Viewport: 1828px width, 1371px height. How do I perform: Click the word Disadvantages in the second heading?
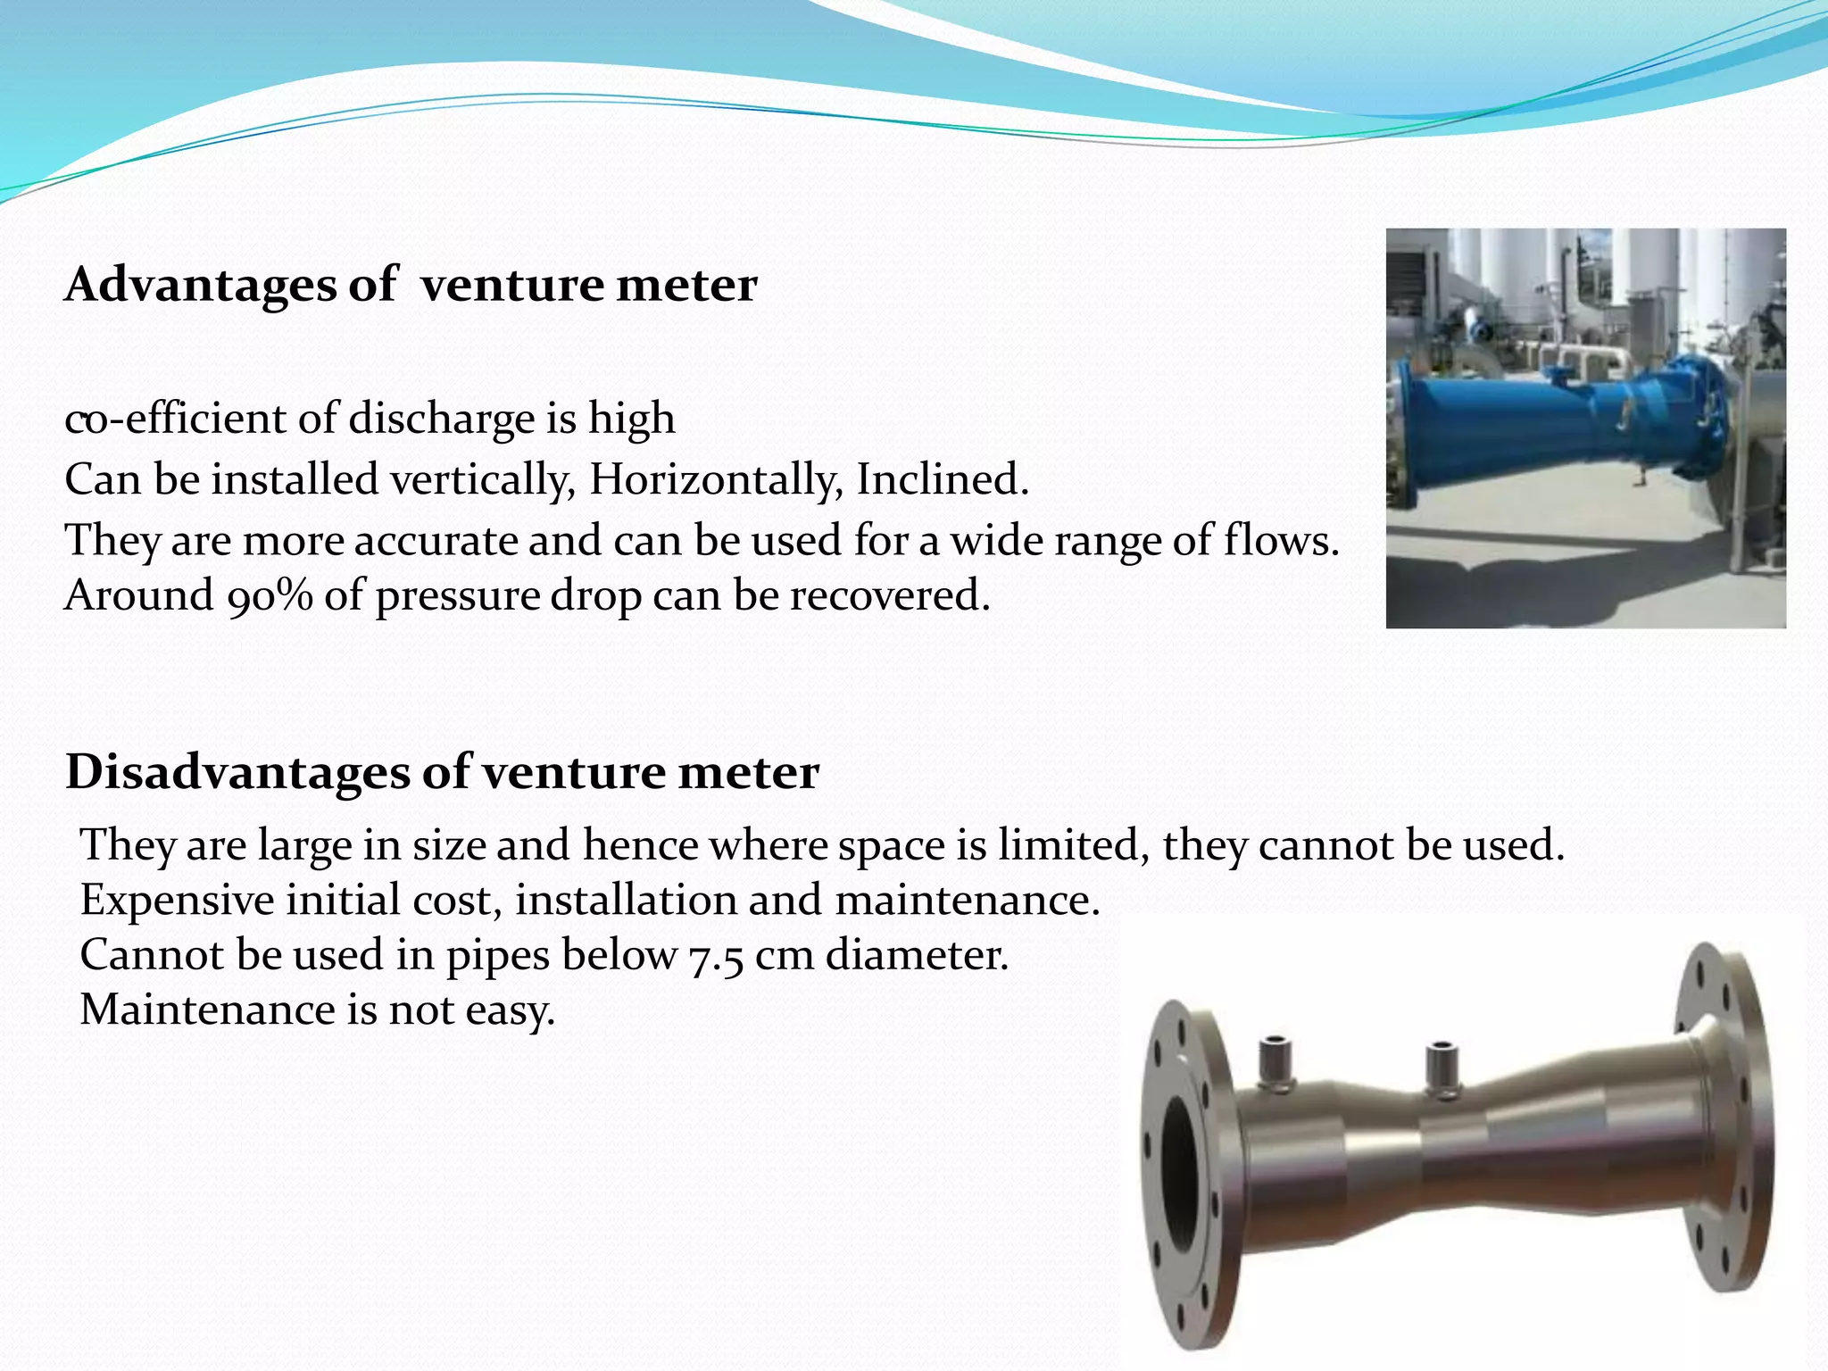pyautogui.click(x=236, y=773)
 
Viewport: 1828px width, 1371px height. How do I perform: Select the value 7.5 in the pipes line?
pyautogui.click(x=716, y=957)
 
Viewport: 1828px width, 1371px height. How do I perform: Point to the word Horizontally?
pyautogui.click(x=715, y=480)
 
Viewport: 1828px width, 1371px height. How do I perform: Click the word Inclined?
pyautogui.click(x=942, y=479)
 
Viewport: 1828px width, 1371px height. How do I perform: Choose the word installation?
pyautogui.click(x=626, y=900)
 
